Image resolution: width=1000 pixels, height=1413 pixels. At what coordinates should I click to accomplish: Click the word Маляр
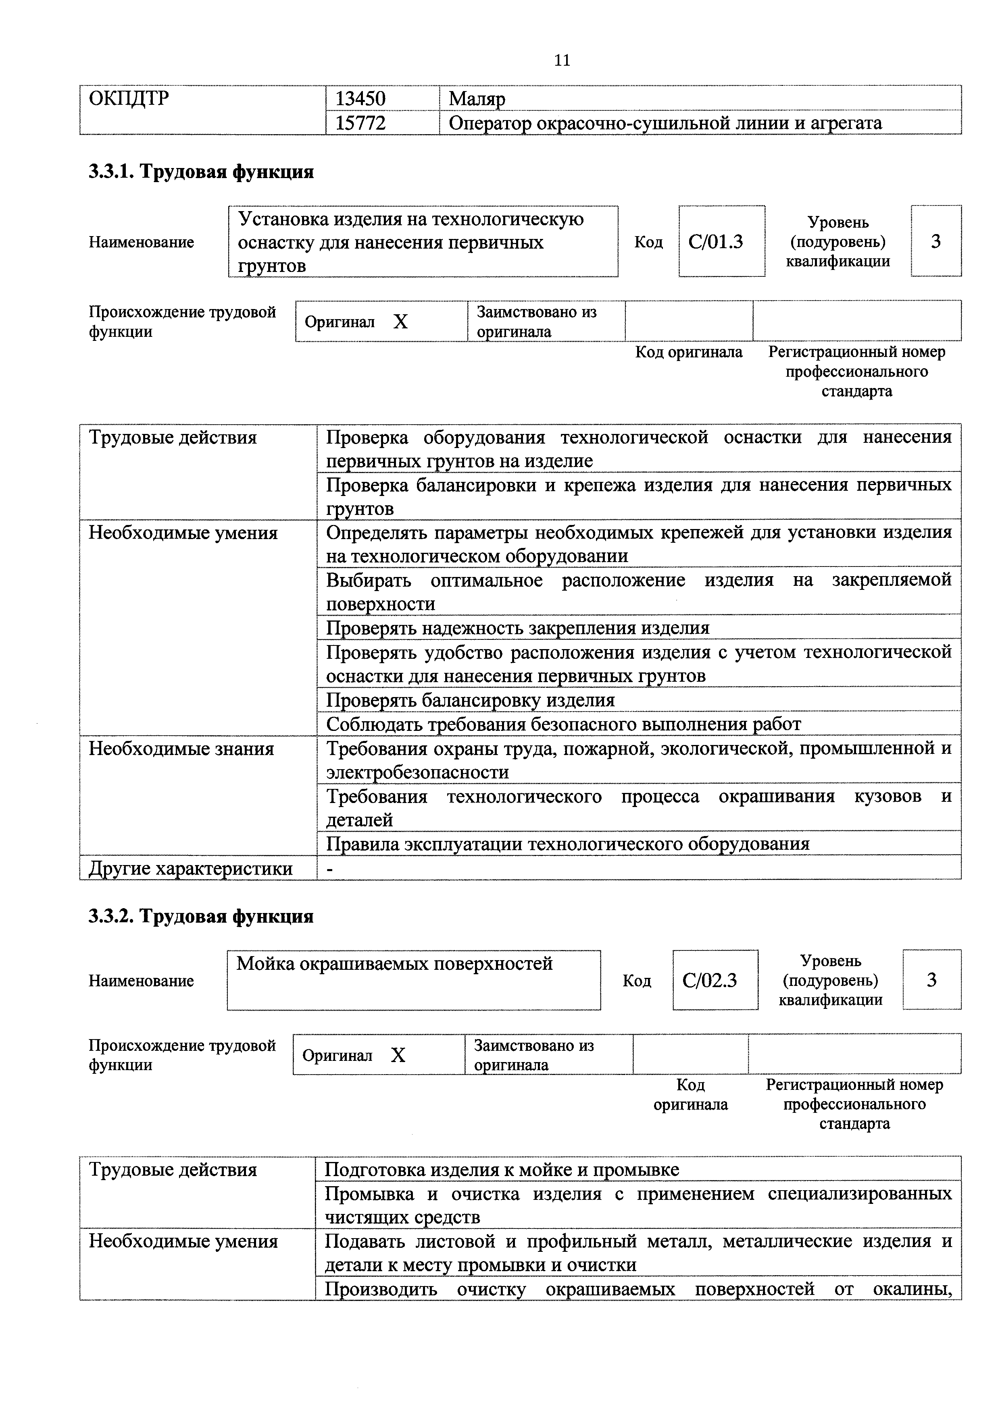click(477, 98)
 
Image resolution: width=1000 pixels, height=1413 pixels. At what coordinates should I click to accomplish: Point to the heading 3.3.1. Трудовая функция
click(201, 172)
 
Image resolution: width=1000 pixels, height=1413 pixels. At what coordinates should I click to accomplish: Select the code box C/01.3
click(715, 242)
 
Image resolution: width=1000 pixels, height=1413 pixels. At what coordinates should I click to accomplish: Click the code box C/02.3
click(709, 980)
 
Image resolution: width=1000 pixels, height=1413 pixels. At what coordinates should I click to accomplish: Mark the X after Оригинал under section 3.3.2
click(398, 1056)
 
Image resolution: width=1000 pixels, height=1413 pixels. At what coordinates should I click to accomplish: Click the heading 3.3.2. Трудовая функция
click(201, 916)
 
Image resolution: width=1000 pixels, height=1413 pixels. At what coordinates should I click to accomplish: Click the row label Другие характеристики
click(190, 868)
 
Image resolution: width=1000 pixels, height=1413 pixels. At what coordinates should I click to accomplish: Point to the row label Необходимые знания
click(181, 749)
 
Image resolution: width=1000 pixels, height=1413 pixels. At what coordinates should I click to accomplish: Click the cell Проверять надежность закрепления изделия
click(517, 628)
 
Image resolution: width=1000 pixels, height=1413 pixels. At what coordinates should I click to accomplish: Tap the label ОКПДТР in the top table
click(129, 98)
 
